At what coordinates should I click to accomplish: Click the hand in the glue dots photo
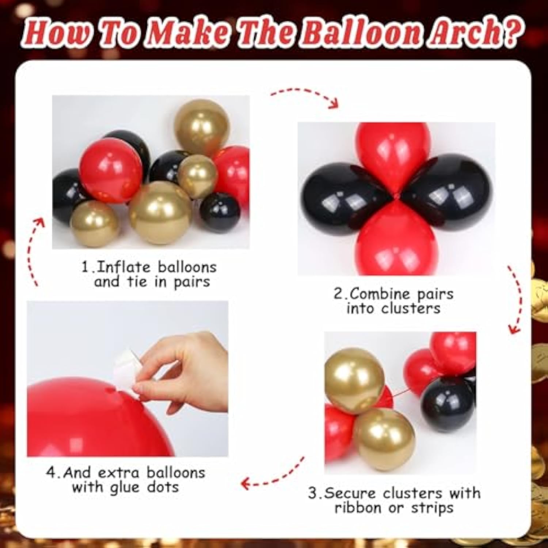[x=190, y=373]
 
